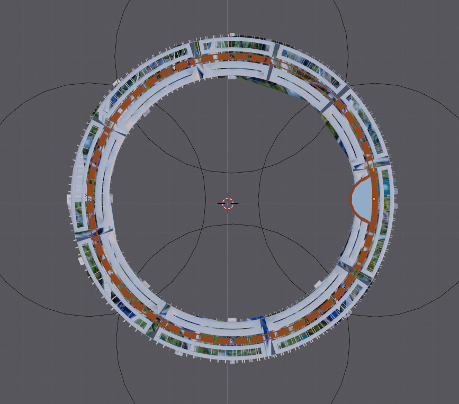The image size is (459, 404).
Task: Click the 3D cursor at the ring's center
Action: tap(228, 203)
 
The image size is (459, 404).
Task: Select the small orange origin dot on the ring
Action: tap(374, 199)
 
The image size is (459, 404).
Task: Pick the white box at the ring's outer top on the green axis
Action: tap(231, 35)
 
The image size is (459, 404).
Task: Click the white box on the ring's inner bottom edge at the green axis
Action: tap(231, 320)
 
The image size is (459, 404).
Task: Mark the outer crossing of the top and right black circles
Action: tap(348, 85)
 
